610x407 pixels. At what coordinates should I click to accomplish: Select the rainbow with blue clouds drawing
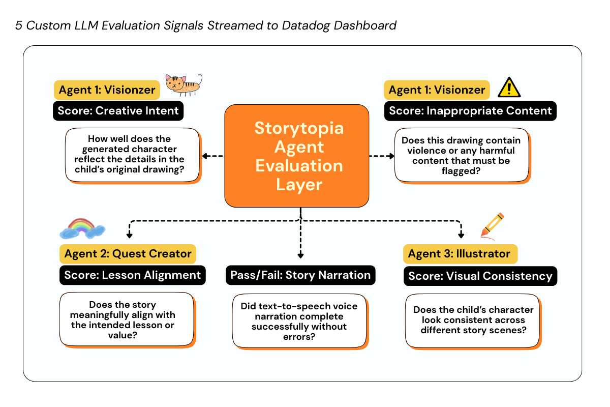tap(82, 228)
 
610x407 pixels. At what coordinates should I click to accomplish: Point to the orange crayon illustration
tap(492, 225)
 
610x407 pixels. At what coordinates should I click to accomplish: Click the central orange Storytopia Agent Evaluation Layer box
tap(297, 156)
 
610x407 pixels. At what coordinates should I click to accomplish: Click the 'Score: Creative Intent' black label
tap(118, 111)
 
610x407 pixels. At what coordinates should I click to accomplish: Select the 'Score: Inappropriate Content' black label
tap(470, 111)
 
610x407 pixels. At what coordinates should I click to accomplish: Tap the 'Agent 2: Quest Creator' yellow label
tap(128, 253)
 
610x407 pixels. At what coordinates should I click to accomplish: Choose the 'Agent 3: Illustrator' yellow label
tap(460, 253)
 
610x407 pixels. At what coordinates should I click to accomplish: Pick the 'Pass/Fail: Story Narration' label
tap(300, 275)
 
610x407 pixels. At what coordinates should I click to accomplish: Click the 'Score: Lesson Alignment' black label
tap(132, 275)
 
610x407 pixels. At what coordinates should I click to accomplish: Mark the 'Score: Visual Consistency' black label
tap(480, 276)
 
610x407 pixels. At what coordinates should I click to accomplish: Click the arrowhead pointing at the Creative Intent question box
tap(204, 156)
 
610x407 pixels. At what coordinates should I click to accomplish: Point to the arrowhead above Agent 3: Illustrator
tap(461, 235)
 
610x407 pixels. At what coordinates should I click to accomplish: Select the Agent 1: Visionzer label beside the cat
tap(107, 90)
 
